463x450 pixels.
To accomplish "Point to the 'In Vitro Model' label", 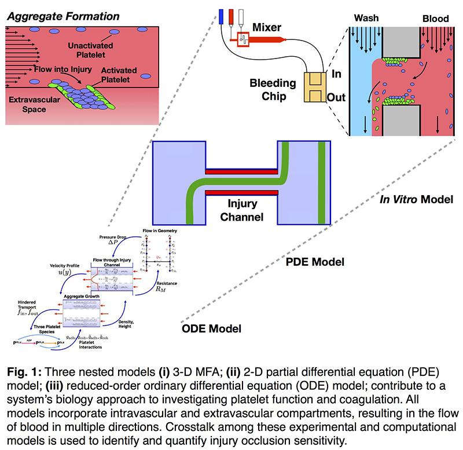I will coord(411,199).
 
